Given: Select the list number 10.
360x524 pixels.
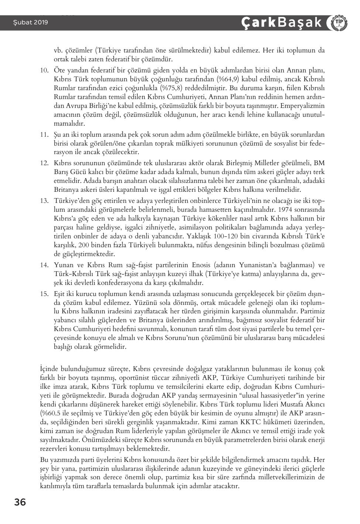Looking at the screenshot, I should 45,70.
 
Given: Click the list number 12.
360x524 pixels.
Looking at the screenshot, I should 45,163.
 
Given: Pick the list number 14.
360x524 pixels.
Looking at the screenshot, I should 45,265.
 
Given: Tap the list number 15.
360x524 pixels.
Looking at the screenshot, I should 45,294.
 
